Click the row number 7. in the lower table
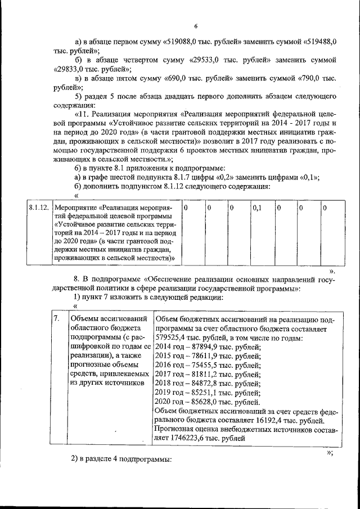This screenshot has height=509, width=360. [56, 318]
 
